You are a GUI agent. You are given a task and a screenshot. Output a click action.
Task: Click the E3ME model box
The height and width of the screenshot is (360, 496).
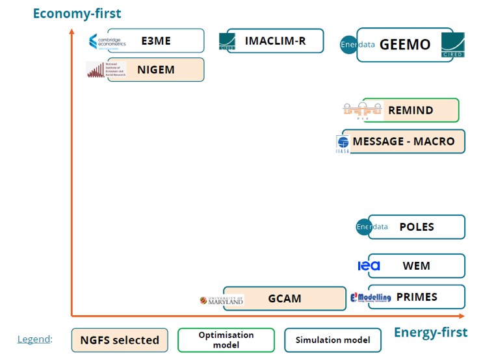point(156,40)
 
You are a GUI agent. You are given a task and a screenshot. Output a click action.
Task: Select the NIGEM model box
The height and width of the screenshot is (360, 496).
point(156,70)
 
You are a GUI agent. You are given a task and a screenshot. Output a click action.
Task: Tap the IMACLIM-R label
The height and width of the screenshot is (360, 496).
point(274,41)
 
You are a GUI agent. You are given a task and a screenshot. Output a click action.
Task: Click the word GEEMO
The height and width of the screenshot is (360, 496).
point(405,44)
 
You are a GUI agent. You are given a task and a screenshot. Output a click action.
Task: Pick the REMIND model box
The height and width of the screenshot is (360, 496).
point(410,110)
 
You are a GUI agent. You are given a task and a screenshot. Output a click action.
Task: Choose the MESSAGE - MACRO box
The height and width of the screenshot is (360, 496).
point(404,141)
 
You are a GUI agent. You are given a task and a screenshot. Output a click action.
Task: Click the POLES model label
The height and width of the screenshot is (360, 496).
point(417,227)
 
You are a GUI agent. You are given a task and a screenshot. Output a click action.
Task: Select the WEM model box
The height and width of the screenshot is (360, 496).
point(417,265)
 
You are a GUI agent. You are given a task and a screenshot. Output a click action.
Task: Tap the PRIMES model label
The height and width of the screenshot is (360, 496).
point(417,297)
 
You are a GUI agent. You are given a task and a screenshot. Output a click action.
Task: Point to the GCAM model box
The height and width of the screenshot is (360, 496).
point(285,299)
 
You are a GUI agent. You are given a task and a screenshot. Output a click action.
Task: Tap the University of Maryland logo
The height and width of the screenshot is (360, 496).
point(222,300)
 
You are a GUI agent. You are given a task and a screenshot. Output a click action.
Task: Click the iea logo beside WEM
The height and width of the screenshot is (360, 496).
point(369,266)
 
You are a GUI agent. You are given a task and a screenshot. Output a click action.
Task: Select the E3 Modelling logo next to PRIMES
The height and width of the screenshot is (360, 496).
point(371,297)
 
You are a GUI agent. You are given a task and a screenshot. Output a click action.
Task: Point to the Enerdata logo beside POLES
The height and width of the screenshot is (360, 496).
point(372,227)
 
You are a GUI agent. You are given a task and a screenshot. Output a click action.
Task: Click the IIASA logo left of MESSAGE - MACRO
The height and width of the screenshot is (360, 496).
point(343,144)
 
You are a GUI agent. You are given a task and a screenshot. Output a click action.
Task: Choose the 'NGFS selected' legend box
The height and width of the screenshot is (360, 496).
point(120,340)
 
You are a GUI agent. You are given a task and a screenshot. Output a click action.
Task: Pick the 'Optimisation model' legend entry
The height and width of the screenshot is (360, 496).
point(226,340)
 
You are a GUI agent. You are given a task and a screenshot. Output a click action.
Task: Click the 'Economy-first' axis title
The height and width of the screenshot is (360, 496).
point(77,13)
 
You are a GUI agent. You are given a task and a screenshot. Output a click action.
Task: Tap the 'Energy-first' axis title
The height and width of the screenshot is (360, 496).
point(430,333)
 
